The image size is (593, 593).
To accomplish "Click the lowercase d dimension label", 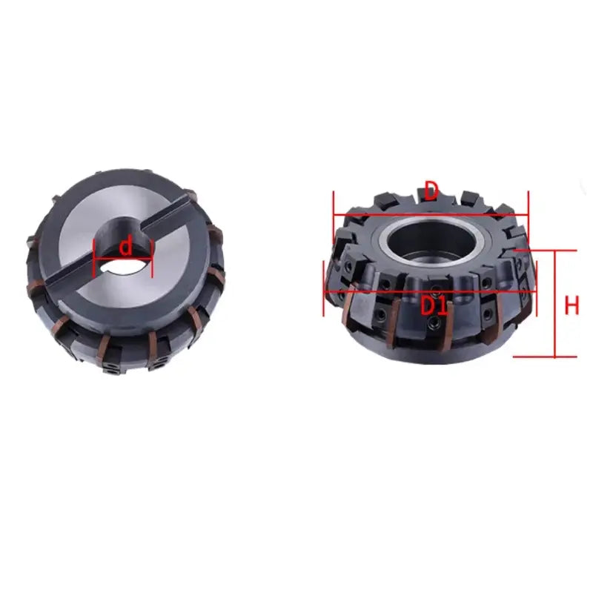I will (126, 245).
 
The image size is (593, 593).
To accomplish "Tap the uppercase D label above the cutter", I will (431, 192).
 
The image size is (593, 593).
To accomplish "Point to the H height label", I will (571, 305).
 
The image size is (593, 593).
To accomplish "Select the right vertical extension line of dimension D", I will (528, 215).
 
